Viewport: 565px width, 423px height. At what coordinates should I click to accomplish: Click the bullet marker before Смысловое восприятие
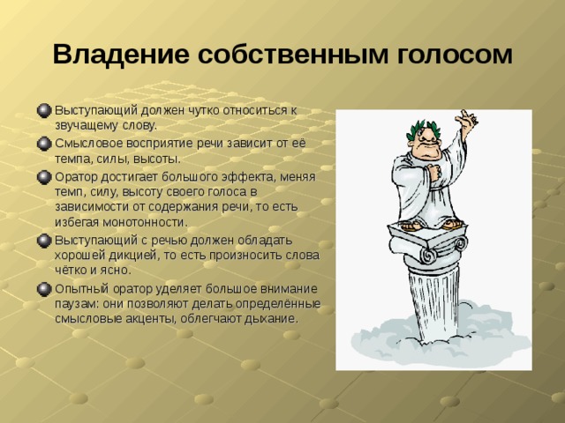click(44, 143)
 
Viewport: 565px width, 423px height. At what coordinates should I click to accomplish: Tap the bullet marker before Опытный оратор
click(44, 289)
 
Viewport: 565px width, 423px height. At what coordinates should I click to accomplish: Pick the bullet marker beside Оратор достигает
click(44, 175)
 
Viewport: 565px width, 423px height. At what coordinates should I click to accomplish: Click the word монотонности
click(146, 222)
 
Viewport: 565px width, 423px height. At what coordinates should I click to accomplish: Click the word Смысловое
click(86, 143)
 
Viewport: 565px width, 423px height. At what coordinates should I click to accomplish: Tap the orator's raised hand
click(463, 120)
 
